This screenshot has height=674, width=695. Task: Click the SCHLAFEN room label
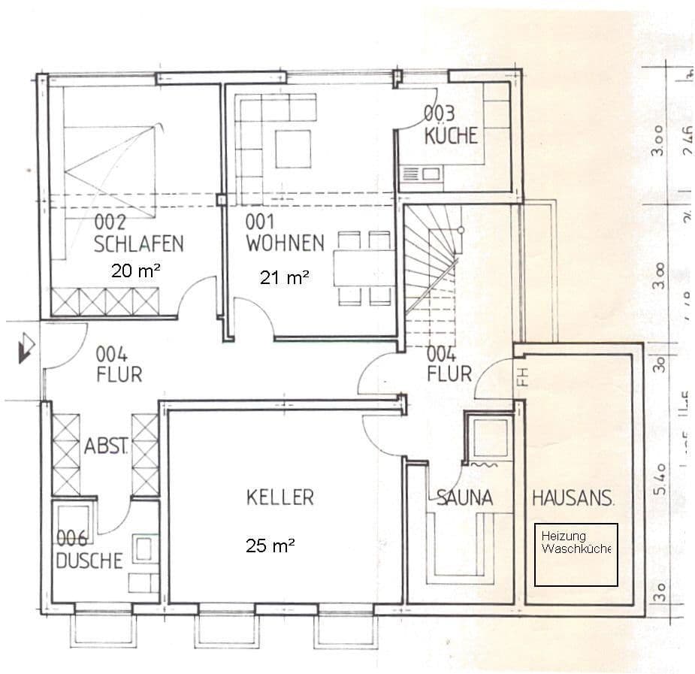coord(139,243)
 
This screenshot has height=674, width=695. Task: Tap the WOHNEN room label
coord(285,243)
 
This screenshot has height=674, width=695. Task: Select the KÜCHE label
coord(451,136)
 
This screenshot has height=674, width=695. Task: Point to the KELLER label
coord(280,497)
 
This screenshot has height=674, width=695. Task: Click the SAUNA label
coord(464,497)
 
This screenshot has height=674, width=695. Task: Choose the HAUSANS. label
coord(573,497)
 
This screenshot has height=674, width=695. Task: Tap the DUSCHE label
coord(89,561)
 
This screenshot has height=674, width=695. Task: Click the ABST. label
coord(105,446)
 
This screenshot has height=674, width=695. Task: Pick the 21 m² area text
coord(285,277)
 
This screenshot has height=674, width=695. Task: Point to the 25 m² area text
coord(270,546)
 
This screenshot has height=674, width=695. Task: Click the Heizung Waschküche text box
coord(576,555)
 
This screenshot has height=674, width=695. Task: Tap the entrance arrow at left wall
coord(26,348)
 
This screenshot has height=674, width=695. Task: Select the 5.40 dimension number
coord(659,481)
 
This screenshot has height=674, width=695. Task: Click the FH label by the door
coord(524,376)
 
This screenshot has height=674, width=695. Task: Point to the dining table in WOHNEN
coord(363,267)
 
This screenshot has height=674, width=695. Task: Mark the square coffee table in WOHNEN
coord(292,149)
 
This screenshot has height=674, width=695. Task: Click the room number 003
coord(439,113)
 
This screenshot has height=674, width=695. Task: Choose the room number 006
coord(72,538)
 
